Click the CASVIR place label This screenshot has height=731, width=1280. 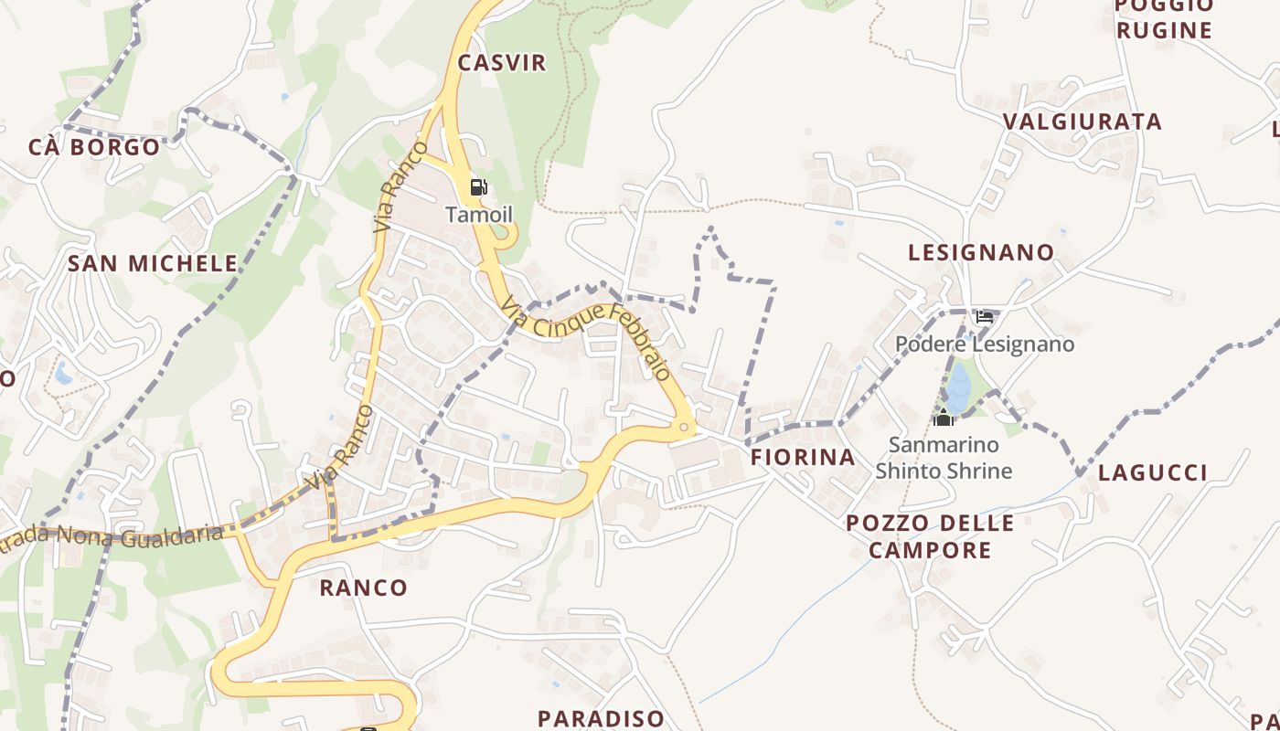tap(501, 63)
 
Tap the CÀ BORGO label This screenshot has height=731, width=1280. tap(94, 147)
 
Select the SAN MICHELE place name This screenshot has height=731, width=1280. tap(153, 263)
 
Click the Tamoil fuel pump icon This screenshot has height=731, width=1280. tap(478, 188)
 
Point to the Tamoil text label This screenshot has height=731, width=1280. tap(479, 215)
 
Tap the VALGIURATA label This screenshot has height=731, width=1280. tap(1082, 122)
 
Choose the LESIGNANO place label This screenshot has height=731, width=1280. tap(980, 252)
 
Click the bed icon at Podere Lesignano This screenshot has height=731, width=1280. tap(985, 317)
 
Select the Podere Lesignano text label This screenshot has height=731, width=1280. tap(984, 344)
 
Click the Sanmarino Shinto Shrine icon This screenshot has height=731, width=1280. tap(944, 418)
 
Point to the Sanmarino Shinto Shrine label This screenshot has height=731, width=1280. tap(944, 459)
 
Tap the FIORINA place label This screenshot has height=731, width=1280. tap(803, 457)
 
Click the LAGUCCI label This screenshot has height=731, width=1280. tap(1152, 472)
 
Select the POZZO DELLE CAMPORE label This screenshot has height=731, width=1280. tap(929, 536)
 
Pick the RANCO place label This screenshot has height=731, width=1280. tap(363, 588)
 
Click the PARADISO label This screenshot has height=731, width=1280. tap(601, 718)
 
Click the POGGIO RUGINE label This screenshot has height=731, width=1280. tap(1163, 18)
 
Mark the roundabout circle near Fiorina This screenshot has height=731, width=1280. tap(684, 427)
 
